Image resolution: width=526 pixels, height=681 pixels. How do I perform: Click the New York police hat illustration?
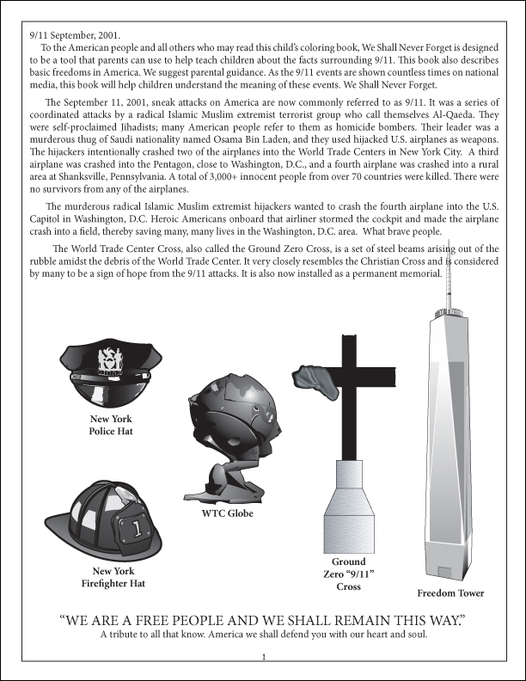point(111,374)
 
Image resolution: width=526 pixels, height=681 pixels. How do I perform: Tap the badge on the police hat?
point(111,359)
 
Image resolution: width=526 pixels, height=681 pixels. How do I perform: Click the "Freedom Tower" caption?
point(450,593)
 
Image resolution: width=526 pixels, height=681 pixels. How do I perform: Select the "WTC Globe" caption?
point(227,514)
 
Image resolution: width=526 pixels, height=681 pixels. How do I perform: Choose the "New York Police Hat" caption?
point(111,425)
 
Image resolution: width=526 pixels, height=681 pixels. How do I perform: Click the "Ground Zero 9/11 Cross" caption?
point(348,574)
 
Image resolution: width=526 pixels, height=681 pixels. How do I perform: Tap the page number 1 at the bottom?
point(263,658)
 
